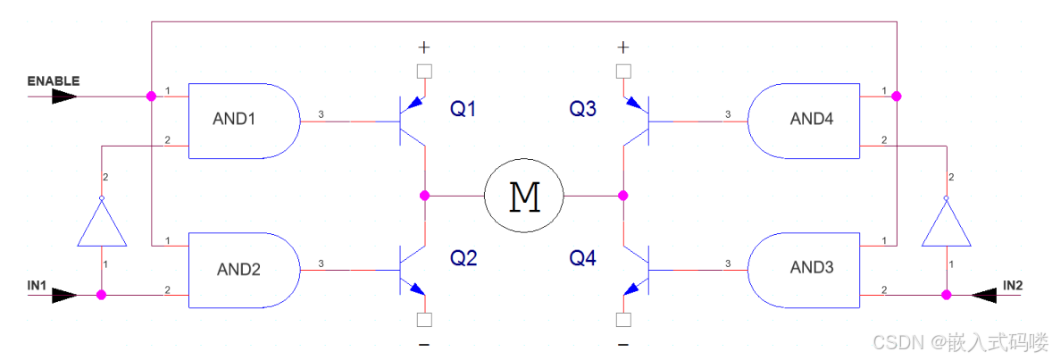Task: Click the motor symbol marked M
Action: [x=524, y=195]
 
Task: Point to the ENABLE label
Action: [x=54, y=81]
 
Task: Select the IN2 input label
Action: [x=1013, y=284]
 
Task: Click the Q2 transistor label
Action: [x=463, y=258]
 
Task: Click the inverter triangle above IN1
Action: [x=101, y=223]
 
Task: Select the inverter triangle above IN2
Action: [x=945, y=223]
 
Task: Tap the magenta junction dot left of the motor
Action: [x=425, y=195]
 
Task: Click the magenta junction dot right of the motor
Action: [x=623, y=195]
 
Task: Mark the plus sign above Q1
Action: [x=424, y=46]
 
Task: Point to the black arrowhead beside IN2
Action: [x=985, y=294]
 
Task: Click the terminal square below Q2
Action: [x=425, y=319]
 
